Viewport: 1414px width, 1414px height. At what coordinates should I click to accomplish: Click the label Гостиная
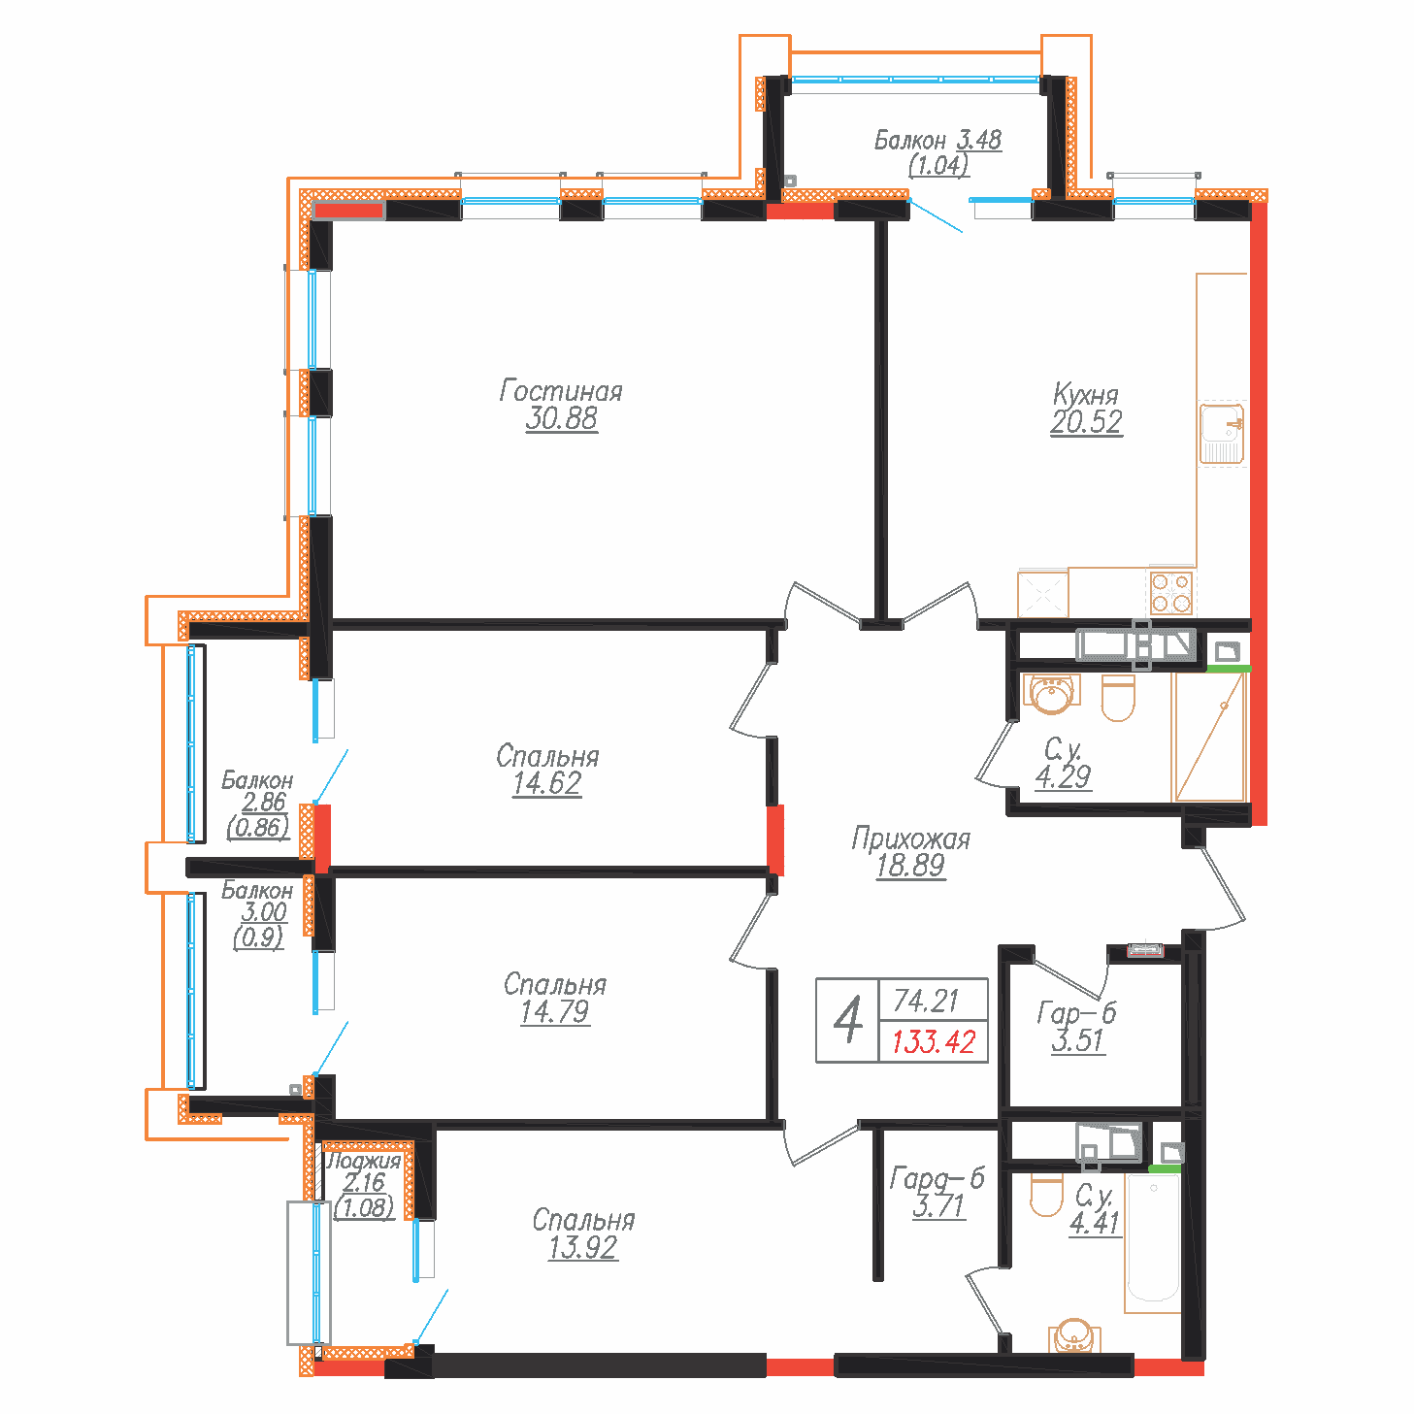pos(560,391)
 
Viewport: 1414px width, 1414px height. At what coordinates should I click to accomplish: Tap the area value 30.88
pos(561,419)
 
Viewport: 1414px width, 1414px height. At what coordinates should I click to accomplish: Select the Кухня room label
pos(1085,395)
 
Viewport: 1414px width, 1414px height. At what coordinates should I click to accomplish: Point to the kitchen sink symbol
pos(1221,432)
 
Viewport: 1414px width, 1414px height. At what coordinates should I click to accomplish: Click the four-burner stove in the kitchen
pos(1171,592)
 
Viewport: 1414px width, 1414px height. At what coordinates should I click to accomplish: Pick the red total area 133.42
pos(933,1042)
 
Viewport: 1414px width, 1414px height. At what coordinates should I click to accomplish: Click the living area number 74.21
pos(926,1000)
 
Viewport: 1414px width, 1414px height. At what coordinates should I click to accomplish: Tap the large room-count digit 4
pos(848,1020)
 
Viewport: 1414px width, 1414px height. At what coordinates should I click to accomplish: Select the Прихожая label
pos(910,839)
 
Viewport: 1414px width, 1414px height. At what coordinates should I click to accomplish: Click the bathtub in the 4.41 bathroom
pos(1153,1237)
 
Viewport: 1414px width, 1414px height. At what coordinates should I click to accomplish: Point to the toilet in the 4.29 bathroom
pos(1118,699)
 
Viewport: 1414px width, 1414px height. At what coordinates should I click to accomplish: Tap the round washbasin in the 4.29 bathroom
pos(1051,693)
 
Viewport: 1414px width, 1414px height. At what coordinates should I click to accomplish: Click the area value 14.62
pos(546,783)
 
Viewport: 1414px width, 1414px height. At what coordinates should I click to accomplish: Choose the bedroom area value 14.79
pos(554,1012)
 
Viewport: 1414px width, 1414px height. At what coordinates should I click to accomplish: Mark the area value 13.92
pos(582,1247)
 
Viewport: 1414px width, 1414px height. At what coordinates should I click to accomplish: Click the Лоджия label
pos(363,1161)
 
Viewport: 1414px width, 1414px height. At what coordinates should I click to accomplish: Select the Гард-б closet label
pos(937,1178)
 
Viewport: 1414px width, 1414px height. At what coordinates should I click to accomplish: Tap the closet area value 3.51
pos(1077,1040)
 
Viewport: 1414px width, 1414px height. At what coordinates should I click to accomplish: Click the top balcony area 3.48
pos(978,140)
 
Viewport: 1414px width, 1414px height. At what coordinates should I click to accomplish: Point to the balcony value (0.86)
pos(258,827)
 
